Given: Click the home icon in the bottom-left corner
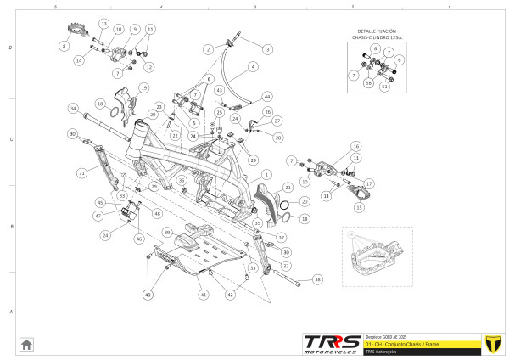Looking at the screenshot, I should coord(27,344).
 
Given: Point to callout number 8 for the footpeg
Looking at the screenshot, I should coord(63,46).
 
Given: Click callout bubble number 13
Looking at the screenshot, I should coord(103,23).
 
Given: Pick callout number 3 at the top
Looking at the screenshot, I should coord(267,50).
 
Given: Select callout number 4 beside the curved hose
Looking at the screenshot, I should coord(253,66).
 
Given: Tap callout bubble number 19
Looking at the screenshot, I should coord(144,87).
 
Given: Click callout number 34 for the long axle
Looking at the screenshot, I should coord(74,109).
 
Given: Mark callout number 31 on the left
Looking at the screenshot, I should coord(82,173).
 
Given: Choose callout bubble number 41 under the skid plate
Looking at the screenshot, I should coord(204,295).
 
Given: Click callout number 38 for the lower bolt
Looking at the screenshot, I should coord(317,278).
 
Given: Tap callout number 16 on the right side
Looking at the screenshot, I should coord(356,146).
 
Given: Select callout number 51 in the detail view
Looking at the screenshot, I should coord(384,86).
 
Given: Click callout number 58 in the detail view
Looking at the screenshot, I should coord(368,83).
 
